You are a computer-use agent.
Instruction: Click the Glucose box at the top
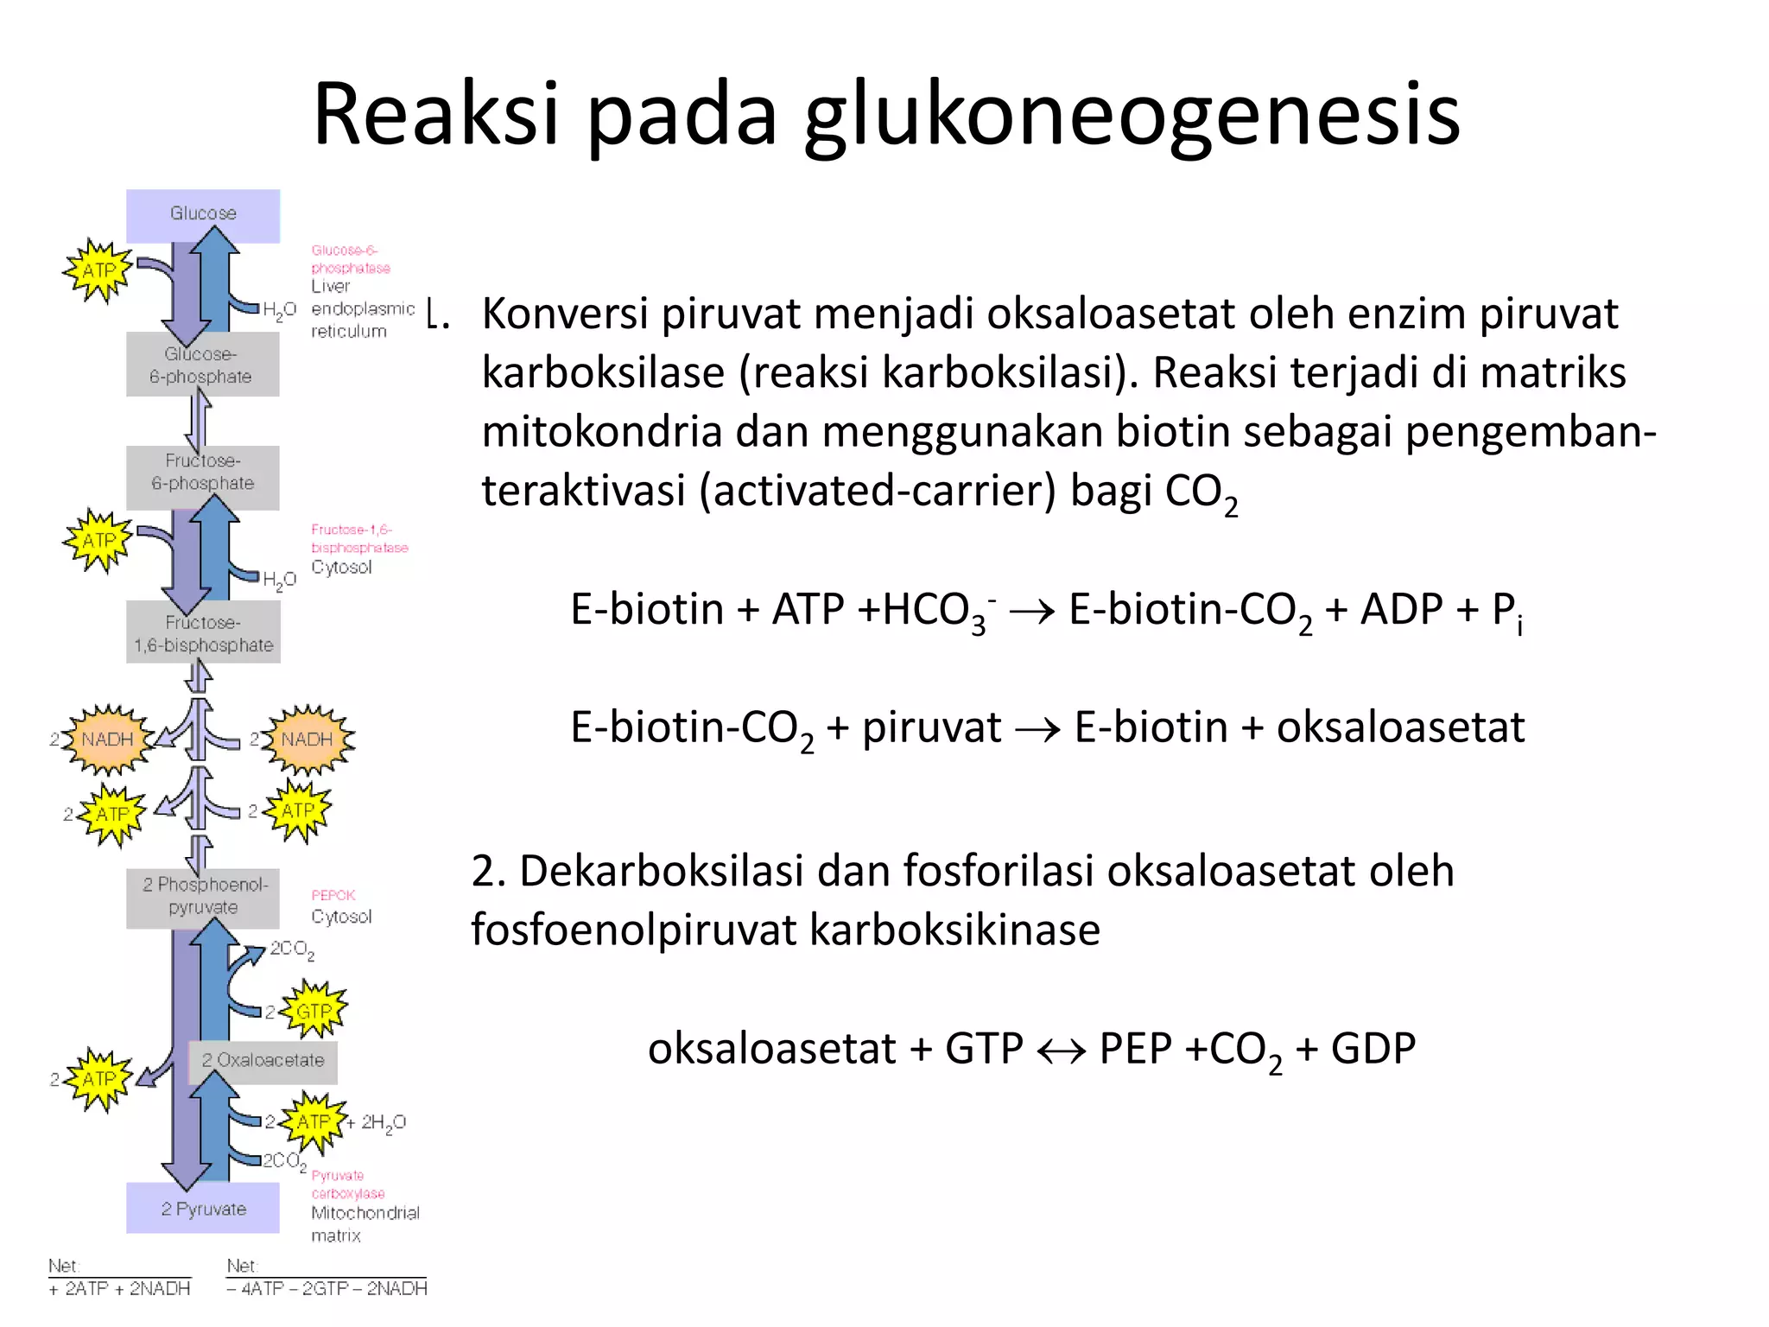(203, 214)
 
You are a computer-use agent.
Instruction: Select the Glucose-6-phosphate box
(201, 365)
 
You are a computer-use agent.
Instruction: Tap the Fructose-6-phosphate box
(203, 473)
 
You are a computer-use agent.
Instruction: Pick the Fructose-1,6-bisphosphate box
(203, 634)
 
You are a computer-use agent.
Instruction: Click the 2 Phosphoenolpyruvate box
(204, 896)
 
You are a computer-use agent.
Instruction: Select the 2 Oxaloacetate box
(263, 1061)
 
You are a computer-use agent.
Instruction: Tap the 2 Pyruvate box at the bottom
(203, 1209)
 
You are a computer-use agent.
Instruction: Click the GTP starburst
(314, 1011)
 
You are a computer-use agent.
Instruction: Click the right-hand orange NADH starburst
(307, 740)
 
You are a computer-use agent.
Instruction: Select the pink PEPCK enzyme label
(333, 896)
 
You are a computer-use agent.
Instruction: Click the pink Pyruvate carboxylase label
(348, 1184)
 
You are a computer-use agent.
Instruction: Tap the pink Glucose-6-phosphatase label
(350, 259)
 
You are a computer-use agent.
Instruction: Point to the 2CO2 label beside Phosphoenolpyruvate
(292, 949)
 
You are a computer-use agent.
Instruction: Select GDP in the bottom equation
(1373, 1049)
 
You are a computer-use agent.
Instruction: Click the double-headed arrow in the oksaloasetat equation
(1061, 1051)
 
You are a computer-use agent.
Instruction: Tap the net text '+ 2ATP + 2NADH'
(119, 1289)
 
